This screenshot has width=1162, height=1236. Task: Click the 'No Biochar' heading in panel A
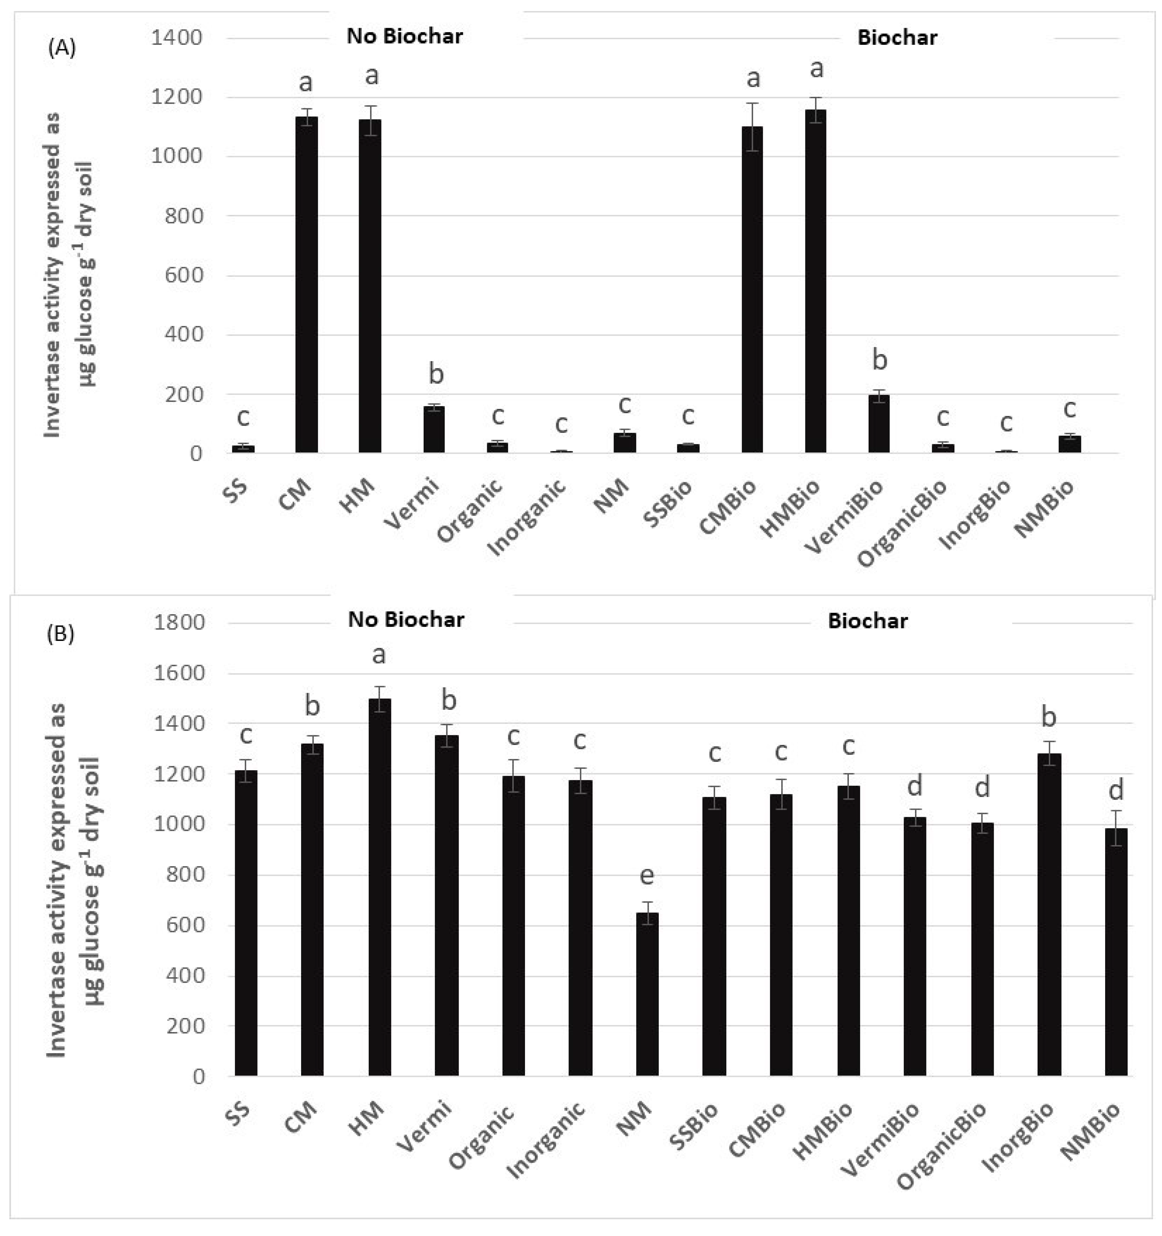(404, 36)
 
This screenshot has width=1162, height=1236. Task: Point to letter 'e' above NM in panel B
(647, 875)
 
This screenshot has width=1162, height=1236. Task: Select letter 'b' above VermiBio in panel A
(879, 360)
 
